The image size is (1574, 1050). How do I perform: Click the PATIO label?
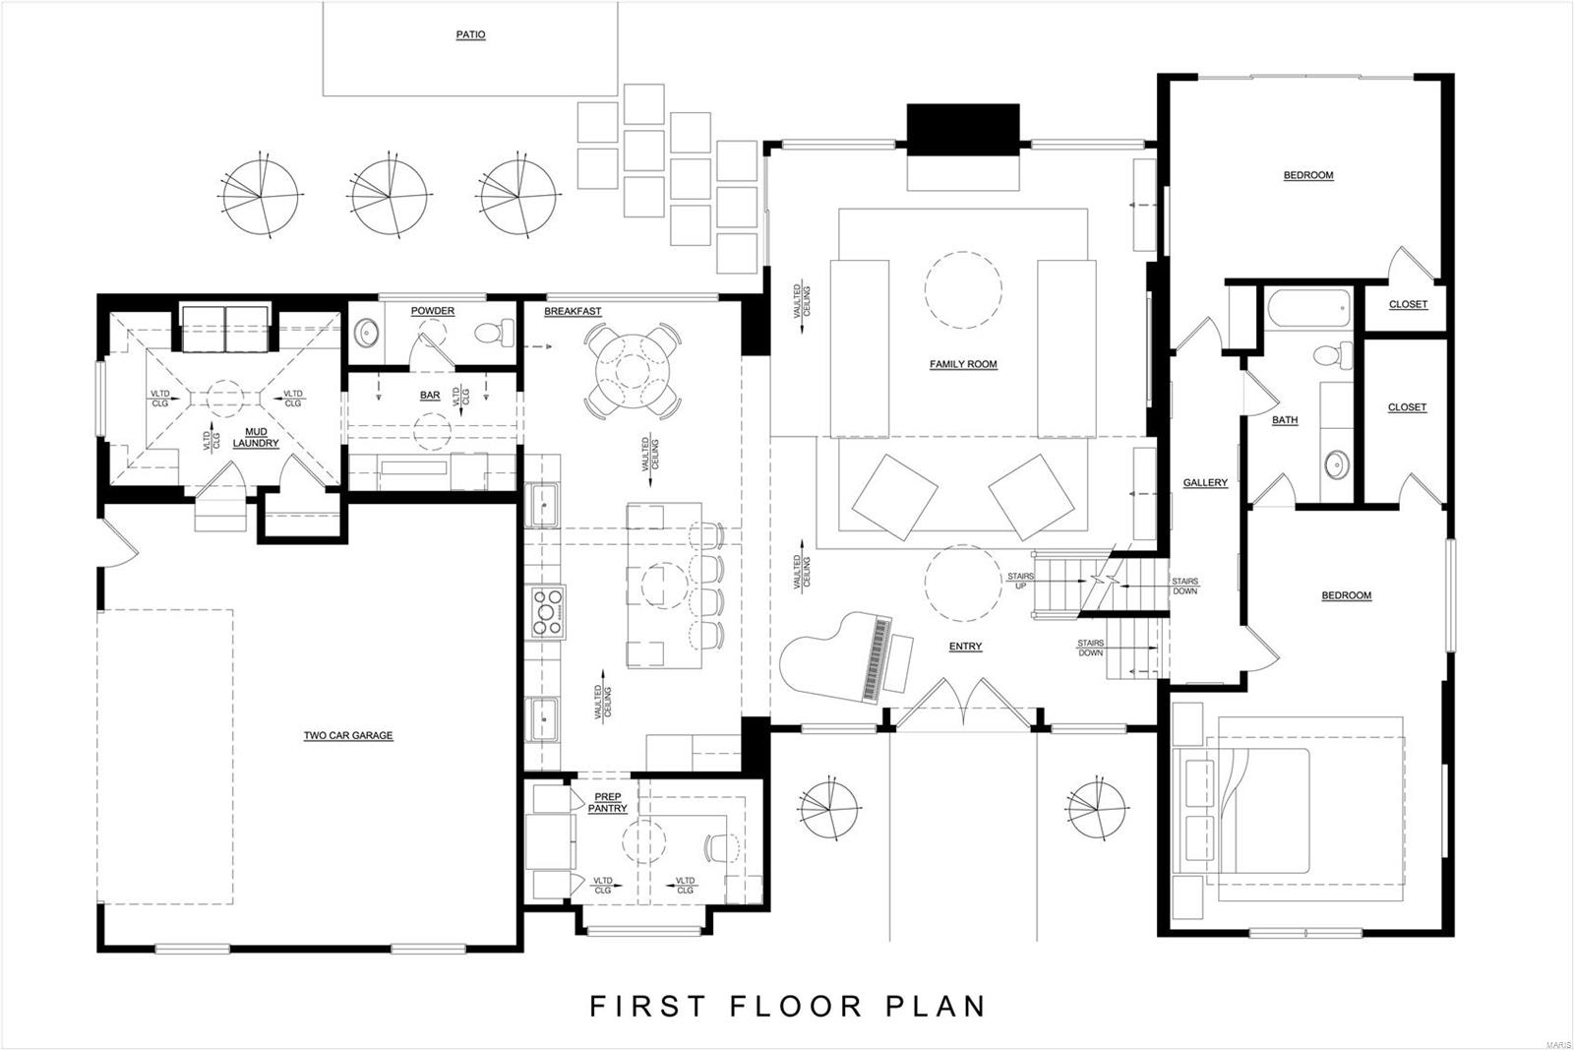pos(470,34)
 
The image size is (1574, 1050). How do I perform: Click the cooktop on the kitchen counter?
pos(548,611)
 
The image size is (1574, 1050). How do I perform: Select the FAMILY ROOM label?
pos(963,364)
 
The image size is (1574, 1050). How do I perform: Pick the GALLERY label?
pos(1204,482)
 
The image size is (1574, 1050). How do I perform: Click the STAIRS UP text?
pos(1020,581)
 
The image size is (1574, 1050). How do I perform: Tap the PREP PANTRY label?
pos(608,802)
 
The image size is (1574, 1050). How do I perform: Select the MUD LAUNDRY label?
pos(256,438)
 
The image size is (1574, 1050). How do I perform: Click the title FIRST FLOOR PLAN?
pos(787,1006)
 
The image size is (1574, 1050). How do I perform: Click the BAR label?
pos(430,396)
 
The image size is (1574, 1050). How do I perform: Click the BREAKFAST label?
pos(573,311)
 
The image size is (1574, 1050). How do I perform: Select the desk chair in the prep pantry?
pos(721,845)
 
